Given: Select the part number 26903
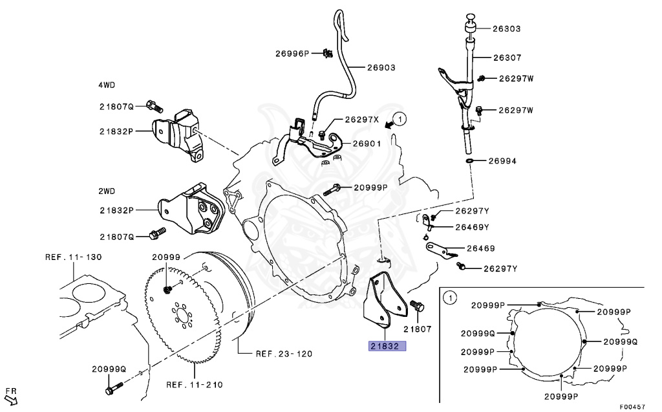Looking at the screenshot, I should click(381, 67).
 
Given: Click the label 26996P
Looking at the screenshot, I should click(292, 53).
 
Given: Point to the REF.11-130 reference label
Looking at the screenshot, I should click(73, 257).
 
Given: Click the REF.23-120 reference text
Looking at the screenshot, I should click(284, 354).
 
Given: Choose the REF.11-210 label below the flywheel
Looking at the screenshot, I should click(195, 385).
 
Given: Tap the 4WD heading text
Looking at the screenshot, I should click(107, 85).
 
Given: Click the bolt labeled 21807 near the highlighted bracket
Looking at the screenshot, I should click(417, 307).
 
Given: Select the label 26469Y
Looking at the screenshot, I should click(472, 227).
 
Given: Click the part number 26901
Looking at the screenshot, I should click(367, 144).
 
